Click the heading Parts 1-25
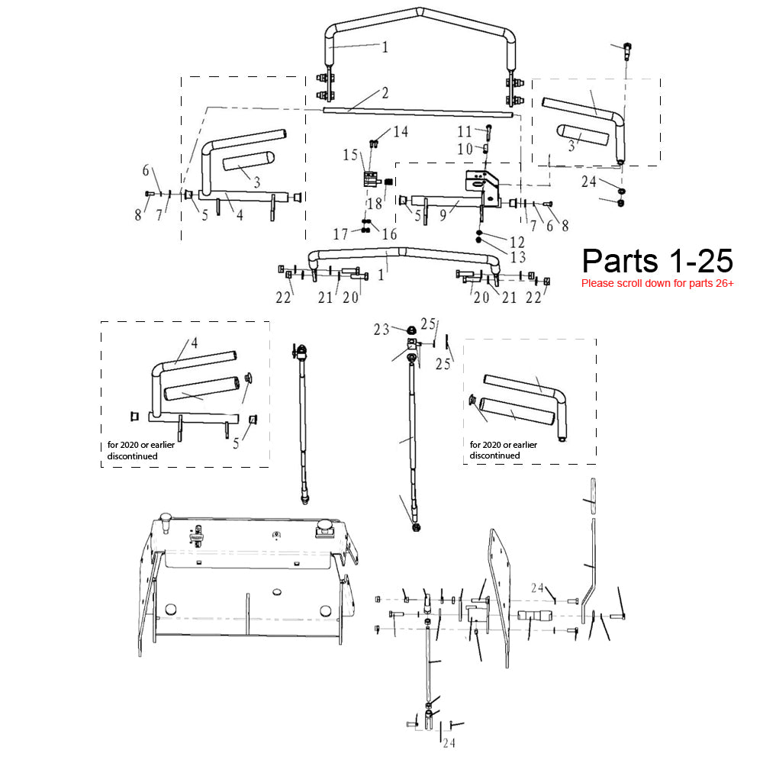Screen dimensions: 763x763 tap(657, 261)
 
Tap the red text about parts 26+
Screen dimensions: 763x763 tap(658, 283)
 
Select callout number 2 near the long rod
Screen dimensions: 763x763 tap(385, 92)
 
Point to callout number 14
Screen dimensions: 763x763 tap(401, 131)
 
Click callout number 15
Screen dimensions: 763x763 tap(350, 155)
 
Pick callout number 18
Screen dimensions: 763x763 tap(375, 204)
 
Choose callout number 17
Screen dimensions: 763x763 tap(340, 234)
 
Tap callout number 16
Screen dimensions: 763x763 tap(389, 234)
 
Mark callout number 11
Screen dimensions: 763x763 tap(465, 131)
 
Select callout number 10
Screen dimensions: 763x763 tap(465, 149)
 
